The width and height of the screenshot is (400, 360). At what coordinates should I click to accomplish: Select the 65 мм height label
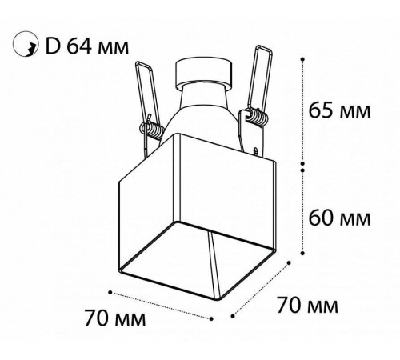click(339, 110)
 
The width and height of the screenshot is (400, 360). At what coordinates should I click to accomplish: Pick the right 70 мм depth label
click(308, 306)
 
